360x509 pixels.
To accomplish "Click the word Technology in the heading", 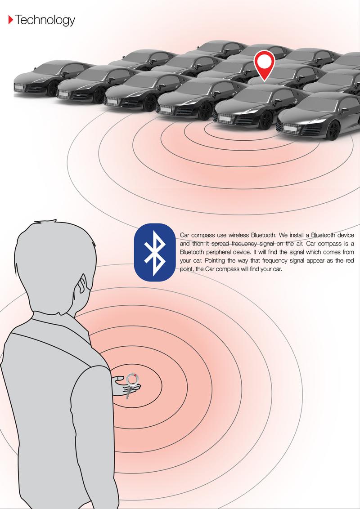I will pos(45,20).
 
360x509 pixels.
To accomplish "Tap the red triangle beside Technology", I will pos(10,20).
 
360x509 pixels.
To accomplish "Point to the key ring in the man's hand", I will pos(132,379).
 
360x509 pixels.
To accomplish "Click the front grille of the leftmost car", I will pos(21,86).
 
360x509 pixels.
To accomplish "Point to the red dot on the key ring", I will pos(135,375).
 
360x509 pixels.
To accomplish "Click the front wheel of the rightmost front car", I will pos(333,130).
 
